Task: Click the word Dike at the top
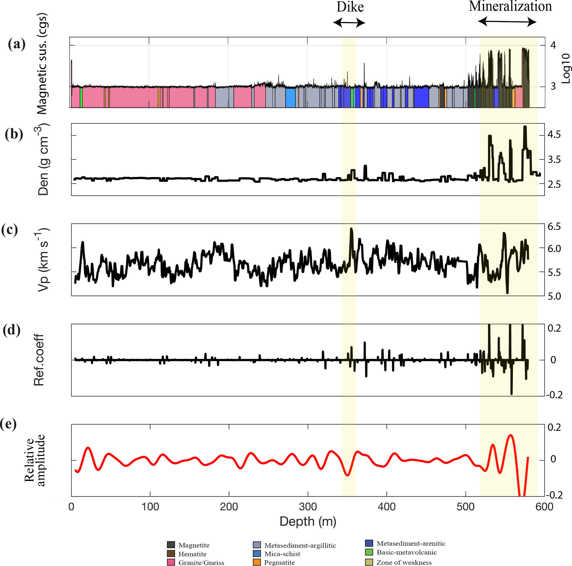point(350,7)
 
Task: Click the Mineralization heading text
point(510,7)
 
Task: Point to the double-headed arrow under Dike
point(349,22)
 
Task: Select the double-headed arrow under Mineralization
point(507,21)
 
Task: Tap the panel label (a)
point(17,45)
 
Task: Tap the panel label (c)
point(9,230)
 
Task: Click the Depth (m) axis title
point(308,521)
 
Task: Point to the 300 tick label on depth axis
point(308,507)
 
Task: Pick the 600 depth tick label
point(544,507)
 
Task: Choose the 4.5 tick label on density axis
point(554,135)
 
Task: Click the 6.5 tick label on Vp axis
point(554,227)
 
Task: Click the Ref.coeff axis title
point(39,360)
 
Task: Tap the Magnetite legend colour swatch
point(171,545)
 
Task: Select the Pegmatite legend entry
point(279,562)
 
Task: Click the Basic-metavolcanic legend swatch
point(369,552)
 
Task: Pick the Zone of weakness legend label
point(404,562)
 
